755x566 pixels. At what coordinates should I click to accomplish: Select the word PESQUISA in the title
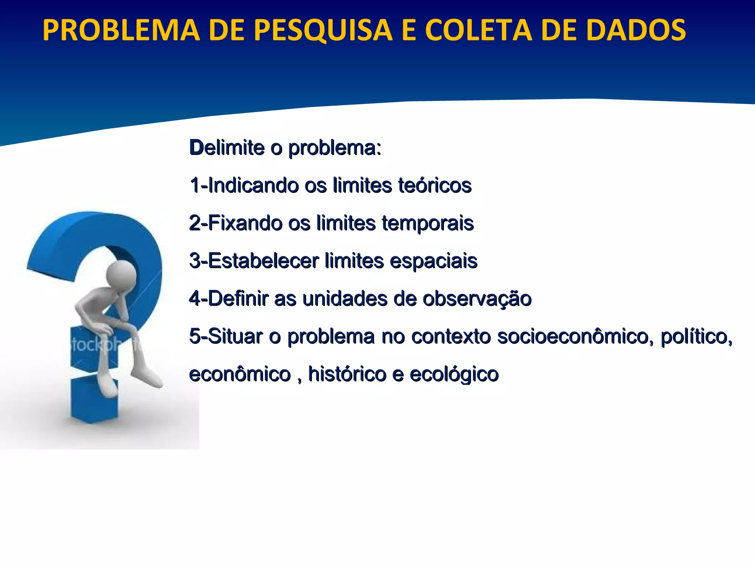tap(323, 30)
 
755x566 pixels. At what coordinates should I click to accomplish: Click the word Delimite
tap(227, 148)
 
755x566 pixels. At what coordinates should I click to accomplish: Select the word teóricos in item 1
tap(435, 185)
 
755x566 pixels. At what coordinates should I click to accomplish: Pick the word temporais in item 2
tap(428, 224)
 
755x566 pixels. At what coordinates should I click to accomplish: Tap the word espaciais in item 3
tap(433, 261)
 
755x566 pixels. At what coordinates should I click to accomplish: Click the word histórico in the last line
tap(347, 374)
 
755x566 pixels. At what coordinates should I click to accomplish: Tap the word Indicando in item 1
tap(253, 185)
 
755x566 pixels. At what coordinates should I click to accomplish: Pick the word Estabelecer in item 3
tap(263, 261)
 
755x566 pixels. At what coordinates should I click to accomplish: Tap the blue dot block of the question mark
tap(94, 402)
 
